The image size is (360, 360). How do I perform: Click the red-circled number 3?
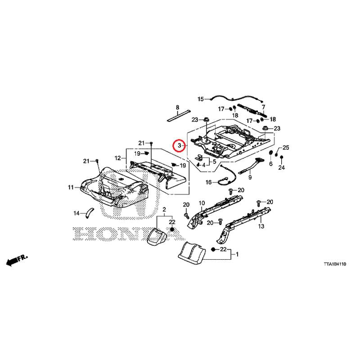180,145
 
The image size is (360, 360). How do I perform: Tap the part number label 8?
177,107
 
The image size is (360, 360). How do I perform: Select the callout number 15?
201,99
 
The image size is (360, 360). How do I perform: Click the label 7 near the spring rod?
263,107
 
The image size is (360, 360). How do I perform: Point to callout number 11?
71,187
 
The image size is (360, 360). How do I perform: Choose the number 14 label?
76,213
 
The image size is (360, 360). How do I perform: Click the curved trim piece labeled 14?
89,212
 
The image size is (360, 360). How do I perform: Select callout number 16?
209,182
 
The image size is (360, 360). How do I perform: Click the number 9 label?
250,177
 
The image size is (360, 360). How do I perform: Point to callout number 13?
261,226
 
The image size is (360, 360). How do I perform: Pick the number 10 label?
202,203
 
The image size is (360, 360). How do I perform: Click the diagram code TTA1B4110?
335,264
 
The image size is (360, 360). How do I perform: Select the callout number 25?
286,148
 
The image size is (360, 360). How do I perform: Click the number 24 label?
282,167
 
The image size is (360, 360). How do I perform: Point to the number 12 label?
117,158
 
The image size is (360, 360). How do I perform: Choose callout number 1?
237,254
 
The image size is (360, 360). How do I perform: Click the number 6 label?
271,163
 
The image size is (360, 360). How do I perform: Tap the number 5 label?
215,162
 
